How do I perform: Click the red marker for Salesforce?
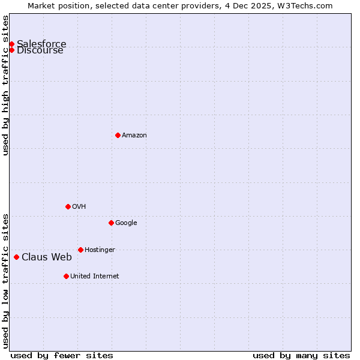pyautogui.click(x=11, y=44)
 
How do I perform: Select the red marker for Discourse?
pyautogui.click(x=11, y=50)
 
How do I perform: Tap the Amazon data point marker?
pyautogui.click(x=118, y=135)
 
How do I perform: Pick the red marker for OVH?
pyautogui.click(x=68, y=206)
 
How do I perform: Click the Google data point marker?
pyautogui.click(x=111, y=223)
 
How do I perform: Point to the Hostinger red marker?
pyautogui.click(x=80, y=250)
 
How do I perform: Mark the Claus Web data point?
pyautogui.click(x=16, y=257)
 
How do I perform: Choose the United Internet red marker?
pyautogui.click(x=66, y=276)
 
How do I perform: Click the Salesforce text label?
pyautogui.click(x=41, y=44)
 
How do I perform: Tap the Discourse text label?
pyautogui.click(x=40, y=50)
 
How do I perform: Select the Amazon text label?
pyautogui.click(x=134, y=136)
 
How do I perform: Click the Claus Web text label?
pyautogui.click(x=47, y=257)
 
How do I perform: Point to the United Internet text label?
pyautogui.click(x=94, y=277)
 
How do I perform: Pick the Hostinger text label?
pyautogui.click(x=100, y=250)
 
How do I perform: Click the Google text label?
pyautogui.click(x=126, y=223)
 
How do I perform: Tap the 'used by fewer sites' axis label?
pyautogui.click(x=62, y=355)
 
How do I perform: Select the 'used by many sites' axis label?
pyautogui.click(x=301, y=355)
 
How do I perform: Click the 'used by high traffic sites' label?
pyautogui.click(x=5, y=85)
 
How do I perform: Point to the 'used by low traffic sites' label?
pyautogui.click(x=5, y=280)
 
